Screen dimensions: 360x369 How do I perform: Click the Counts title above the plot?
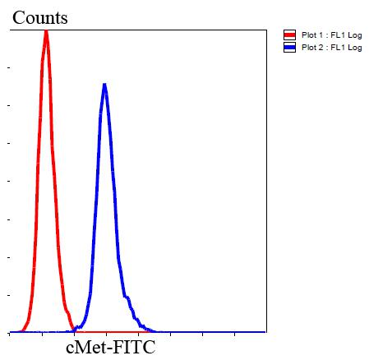[x=40, y=17]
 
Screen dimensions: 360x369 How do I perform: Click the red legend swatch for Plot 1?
[x=288, y=35]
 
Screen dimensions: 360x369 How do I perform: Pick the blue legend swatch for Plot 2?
[x=288, y=48]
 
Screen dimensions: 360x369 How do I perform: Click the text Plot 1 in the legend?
[x=310, y=35]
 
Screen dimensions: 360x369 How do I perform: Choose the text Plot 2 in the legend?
[x=310, y=48]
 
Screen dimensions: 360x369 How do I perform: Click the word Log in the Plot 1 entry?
[x=354, y=35]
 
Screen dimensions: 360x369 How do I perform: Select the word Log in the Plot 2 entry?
[x=354, y=48]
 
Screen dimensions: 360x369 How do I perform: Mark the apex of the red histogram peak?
[x=46, y=30]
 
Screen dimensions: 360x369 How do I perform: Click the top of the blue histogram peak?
[x=104, y=84]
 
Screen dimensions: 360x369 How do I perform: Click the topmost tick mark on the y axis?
[x=9, y=67]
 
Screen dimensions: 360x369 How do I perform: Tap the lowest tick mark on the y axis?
[x=9, y=294]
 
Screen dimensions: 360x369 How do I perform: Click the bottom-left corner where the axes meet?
[x=8, y=332]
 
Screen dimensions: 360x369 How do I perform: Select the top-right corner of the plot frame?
[x=266, y=31]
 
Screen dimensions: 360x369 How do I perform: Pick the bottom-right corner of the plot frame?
[x=266, y=332]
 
